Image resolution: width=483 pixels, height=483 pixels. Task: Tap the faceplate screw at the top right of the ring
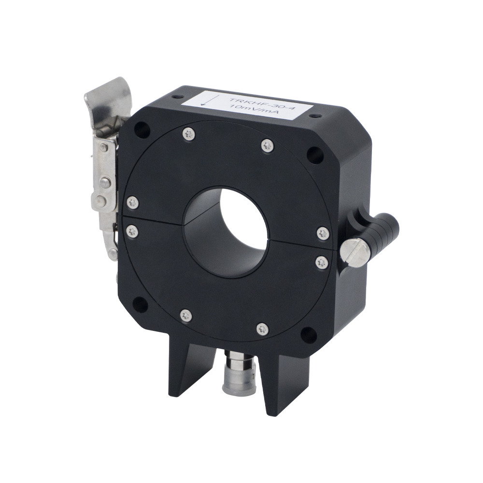(267, 144)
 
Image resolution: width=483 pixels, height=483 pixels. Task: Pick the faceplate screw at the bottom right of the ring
(262, 329)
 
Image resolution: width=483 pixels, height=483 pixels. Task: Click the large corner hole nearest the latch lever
(142, 129)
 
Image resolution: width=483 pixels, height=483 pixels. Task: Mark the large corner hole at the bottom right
(306, 334)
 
